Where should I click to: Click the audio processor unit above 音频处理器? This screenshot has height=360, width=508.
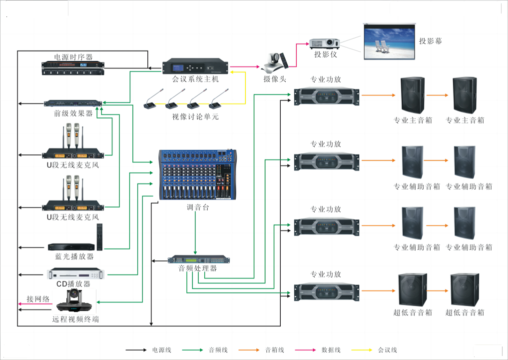point(199,260)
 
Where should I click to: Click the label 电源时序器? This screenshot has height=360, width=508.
point(73,57)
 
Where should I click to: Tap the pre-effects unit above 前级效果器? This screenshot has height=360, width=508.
point(73,104)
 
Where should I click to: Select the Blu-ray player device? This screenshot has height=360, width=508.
point(71,247)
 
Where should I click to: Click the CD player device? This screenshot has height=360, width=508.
point(76,274)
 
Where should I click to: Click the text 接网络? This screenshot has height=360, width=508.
point(38,299)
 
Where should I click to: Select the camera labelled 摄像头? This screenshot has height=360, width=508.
point(275,61)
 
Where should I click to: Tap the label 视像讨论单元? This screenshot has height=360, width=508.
point(195,117)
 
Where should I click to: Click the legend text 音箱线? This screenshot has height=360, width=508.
point(274,350)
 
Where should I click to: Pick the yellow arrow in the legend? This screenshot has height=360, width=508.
point(362,350)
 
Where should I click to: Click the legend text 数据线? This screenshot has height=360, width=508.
point(331,350)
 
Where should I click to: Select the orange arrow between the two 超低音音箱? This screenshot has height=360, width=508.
point(437,290)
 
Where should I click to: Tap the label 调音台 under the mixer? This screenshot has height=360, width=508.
point(198,207)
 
